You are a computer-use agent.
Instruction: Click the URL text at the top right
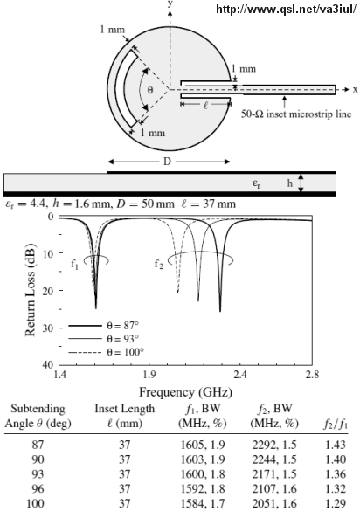click(287, 9)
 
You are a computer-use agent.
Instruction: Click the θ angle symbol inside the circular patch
click(149, 90)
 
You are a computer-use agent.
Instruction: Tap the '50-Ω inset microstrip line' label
click(296, 114)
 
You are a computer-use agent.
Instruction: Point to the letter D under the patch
click(167, 162)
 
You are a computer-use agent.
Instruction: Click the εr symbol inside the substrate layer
click(257, 183)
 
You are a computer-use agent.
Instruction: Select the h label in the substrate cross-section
click(289, 183)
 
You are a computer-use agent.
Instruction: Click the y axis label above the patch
click(170, 3)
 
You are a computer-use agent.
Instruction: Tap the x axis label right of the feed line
click(355, 90)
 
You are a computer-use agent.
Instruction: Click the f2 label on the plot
click(158, 263)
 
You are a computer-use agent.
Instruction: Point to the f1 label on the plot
click(74, 264)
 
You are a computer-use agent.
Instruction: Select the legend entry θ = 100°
click(125, 352)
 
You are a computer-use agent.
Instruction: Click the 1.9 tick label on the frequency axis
click(149, 375)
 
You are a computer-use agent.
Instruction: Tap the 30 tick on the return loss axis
click(47, 328)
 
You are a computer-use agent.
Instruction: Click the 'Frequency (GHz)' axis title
click(185, 391)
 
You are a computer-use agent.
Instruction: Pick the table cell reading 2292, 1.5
click(274, 445)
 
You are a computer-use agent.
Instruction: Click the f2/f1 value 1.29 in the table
click(336, 503)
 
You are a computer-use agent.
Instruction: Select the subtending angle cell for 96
click(38, 488)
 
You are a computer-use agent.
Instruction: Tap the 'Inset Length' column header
click(125, 408)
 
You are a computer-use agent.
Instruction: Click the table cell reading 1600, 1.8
click(203, 473)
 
